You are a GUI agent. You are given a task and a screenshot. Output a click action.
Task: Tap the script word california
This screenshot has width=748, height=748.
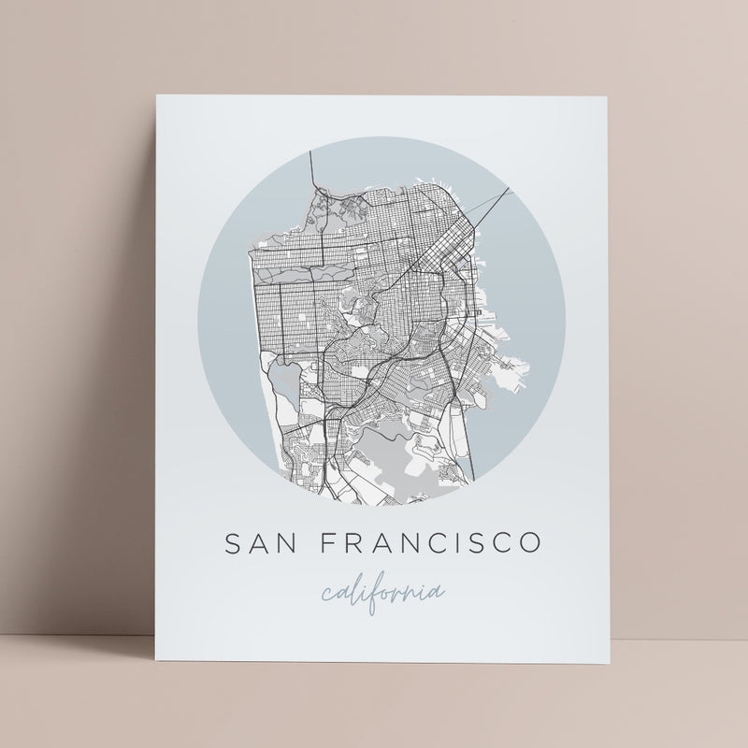[382, 593]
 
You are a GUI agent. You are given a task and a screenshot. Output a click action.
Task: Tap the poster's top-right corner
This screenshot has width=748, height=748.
[610, 94]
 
